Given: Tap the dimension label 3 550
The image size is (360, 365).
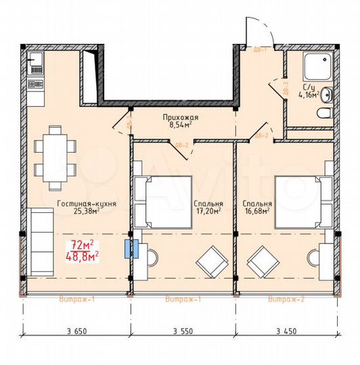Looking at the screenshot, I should [183, 331].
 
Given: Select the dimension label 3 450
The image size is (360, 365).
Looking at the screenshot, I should [288, 331].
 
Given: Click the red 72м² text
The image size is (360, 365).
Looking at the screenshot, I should [83, 244].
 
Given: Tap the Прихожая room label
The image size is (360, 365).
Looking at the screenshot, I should [179, 116].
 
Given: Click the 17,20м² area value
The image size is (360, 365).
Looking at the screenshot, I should [207, 210].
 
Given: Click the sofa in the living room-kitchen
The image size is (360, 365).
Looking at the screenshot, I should [42, 241].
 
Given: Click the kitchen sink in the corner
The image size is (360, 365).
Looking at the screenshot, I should [35, 66].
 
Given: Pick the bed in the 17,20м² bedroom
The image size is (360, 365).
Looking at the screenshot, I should [162, 201].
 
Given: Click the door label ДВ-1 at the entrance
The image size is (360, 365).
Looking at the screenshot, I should [258, 50].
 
